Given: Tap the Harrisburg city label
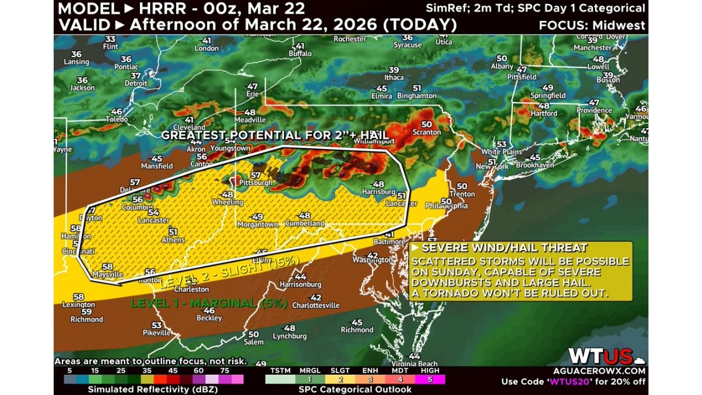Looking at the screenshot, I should (378, 192).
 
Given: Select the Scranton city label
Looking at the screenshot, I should (427, 132).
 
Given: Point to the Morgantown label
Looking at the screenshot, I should (257, 224).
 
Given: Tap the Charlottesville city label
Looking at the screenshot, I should (315, 305).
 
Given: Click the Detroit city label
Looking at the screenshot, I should (136, 83).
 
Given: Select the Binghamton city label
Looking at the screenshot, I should (417, 95).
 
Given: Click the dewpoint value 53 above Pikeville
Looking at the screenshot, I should (157, 325).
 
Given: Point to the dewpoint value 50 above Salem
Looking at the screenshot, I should (253, 334).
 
